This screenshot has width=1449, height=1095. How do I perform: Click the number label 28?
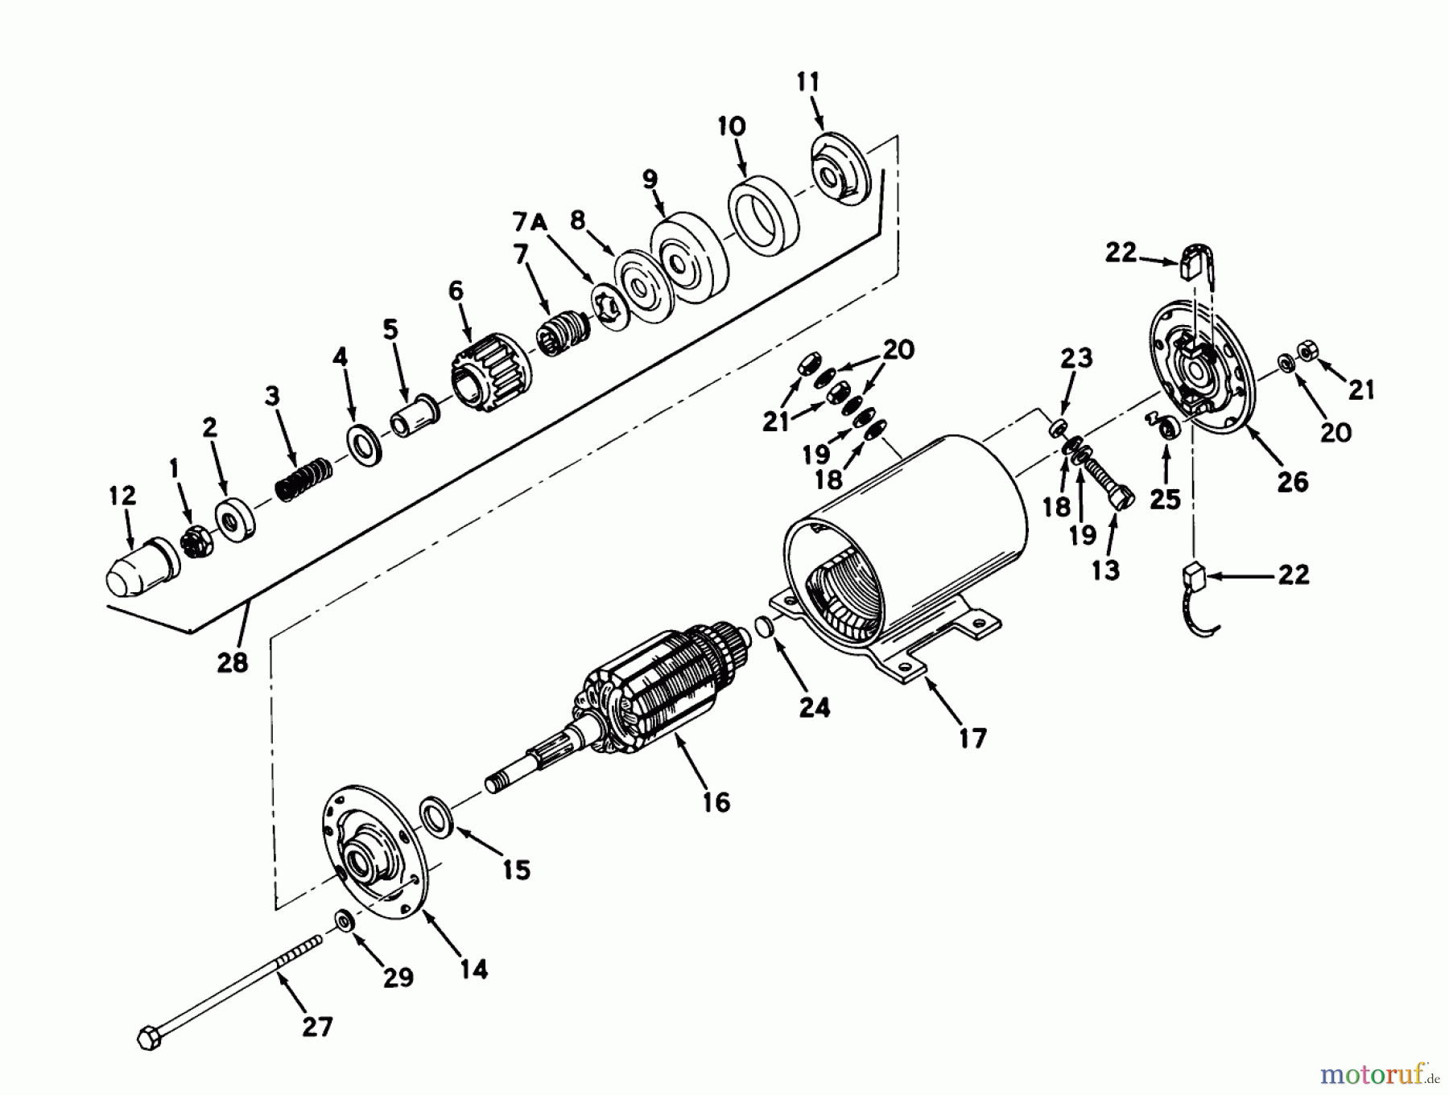232,663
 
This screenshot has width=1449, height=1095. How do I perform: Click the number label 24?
814,706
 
